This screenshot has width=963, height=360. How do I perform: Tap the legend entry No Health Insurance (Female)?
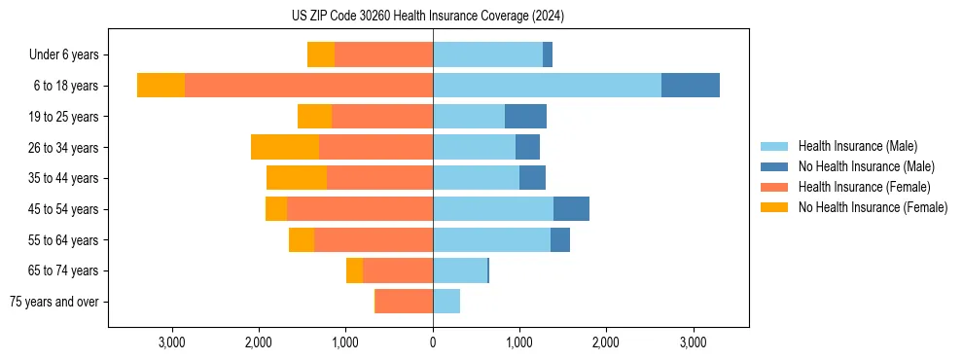(x=873, y=207)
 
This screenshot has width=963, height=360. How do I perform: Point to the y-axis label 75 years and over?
(x=53, y=302)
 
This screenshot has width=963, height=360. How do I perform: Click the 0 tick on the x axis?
(x=433, y=342)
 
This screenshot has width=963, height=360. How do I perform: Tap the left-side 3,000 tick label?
(x=172, y=342)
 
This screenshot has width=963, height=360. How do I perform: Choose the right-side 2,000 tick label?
(x=606, y=342)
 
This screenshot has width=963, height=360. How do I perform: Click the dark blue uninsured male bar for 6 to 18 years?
(x=691, y=86)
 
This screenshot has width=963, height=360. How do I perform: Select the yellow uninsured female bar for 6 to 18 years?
(x=160, y=86)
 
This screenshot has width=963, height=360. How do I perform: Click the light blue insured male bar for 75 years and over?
(x=446, y=302)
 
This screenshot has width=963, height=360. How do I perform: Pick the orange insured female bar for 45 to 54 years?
(x=360, y=209)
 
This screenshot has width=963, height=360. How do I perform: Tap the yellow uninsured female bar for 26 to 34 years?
(x=285, y=147)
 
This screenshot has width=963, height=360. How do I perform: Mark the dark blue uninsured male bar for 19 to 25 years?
(x=525, y=117)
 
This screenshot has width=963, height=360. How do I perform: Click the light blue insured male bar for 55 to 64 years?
(x=491, y=239)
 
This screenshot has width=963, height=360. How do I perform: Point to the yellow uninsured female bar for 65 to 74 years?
(x=354, y=270)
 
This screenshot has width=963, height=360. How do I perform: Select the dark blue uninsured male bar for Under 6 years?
(x=548, y=55)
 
